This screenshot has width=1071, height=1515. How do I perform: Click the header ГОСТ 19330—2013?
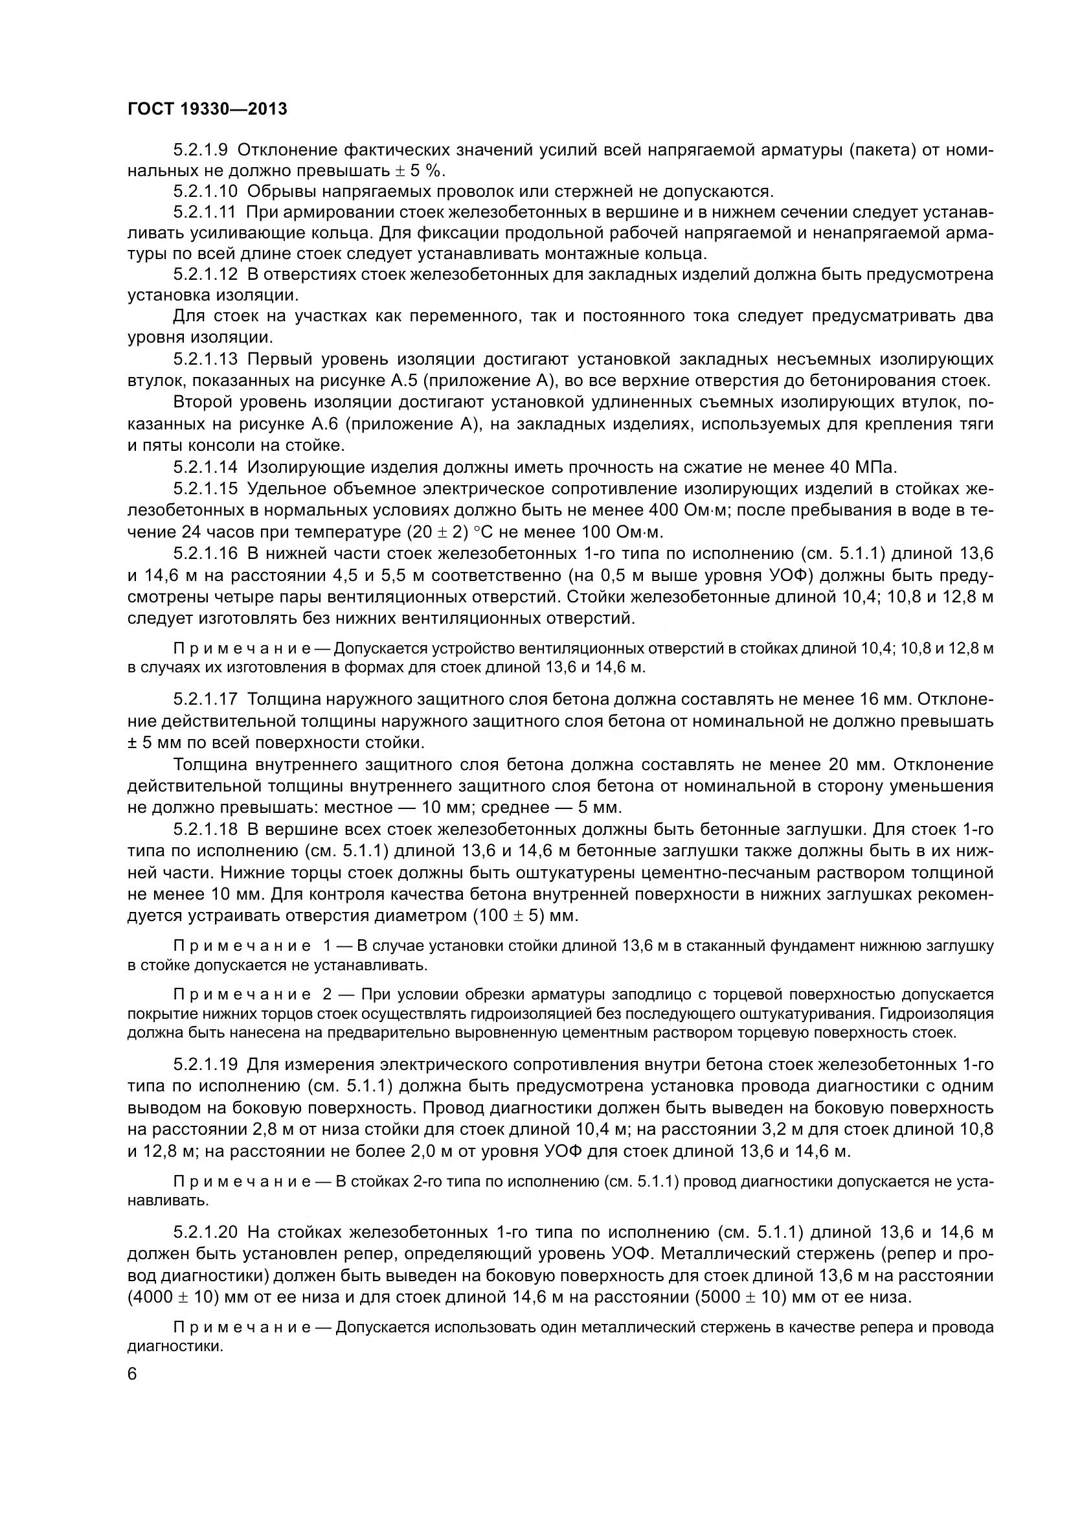coord(207,109)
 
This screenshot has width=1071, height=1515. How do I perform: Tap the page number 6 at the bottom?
coord(132,1374)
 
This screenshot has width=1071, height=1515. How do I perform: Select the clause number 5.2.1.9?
coord(201,150)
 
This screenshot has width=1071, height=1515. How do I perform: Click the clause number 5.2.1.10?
coord(205,191)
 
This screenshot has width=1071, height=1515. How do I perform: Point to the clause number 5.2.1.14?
coord(205,467)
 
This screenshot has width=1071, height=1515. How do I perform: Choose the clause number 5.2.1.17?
coord(205,699)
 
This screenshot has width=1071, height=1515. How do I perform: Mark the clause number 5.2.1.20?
coord(205,1232)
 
